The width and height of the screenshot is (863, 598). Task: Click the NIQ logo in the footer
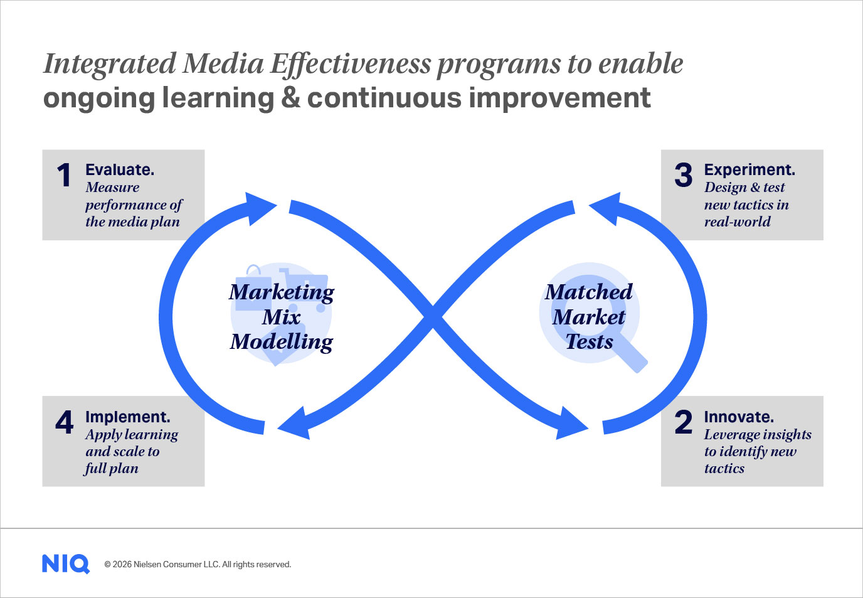coord(65,564)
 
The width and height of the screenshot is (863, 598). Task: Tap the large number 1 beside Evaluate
coord(64,175)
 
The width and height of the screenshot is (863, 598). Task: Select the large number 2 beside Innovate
coord(683,422)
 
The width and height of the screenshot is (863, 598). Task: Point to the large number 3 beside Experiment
coord(683,175)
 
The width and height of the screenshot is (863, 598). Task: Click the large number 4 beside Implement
coord(65,422)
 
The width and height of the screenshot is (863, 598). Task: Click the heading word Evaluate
coord(120,169)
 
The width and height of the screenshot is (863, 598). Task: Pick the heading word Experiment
coord(749,170)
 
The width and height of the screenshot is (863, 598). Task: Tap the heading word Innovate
coord(739,417)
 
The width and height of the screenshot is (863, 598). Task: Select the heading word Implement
coord(127,417)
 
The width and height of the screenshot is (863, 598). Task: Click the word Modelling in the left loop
coord(282,342)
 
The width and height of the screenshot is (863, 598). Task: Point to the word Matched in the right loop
coord(588,292)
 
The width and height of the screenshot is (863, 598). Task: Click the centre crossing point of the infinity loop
coord(433,318)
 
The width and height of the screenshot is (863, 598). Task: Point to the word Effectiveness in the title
coord(350,63)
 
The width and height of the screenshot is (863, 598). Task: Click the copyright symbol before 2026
coord(107,565)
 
